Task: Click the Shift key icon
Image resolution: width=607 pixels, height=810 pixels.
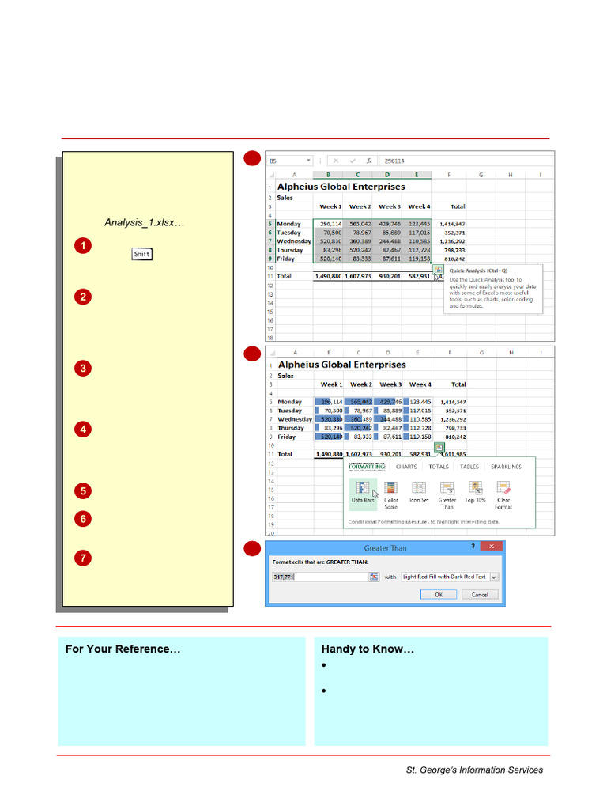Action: pyautogui.click(x=141, y=254)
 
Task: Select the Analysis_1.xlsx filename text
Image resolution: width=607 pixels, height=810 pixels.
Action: pyautogui.click(x=144, y=223)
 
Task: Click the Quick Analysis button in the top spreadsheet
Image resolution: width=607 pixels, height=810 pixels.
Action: pyautogui.click(x=439, y=270)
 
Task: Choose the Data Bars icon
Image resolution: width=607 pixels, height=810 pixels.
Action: pyautogui.click(x=363, y=491)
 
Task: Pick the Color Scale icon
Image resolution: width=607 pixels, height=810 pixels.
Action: pyautogui.click(x=391, y=491)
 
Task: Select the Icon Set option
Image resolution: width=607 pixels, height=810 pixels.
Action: pyautogui.click(x=419, y=491)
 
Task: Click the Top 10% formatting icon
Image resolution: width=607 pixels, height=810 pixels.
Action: pyautogui.click(x=475, y=491)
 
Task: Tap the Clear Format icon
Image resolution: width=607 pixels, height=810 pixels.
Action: pyautogui.click(x=503, y=491)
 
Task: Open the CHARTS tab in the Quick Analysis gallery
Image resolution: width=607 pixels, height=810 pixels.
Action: pyautogui.click(x=406, y=467)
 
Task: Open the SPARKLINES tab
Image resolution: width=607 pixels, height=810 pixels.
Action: pyautogui.click(x=506, y=467)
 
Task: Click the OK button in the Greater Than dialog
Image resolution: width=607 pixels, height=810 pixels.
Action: pyautogui.click(x=439, y=595)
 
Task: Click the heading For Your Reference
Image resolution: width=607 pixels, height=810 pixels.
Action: pyautogui.click(x=123, y=649)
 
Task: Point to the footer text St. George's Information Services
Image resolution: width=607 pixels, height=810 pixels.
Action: pyautogui.click(x=474, y=770)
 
